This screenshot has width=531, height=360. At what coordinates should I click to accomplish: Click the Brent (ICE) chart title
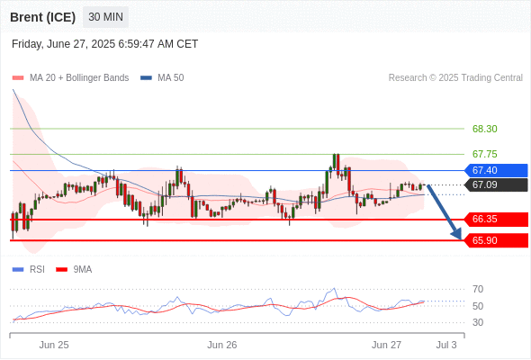pos(42,17)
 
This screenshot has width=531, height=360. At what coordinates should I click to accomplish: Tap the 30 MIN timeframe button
pos(105,16)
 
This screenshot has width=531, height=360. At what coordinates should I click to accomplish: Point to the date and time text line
pos(104,44)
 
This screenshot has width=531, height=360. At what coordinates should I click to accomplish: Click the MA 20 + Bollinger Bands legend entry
pos(70,78)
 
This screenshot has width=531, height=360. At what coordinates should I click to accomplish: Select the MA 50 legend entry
pos(162,78)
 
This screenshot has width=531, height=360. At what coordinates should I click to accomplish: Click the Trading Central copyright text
pos(455,78)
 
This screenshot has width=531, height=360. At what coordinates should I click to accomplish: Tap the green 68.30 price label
pos(484,129)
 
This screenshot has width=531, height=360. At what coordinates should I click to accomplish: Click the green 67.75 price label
pos(484,154)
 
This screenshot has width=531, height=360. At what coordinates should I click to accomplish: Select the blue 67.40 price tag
pos(496,170)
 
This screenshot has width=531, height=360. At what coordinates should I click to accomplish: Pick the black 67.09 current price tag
pos(496,184)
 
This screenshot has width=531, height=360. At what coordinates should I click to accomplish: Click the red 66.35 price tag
pos(496,219)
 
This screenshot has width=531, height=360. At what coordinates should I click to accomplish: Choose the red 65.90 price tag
pos(496,240)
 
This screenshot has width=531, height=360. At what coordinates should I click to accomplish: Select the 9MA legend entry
pos(74,270)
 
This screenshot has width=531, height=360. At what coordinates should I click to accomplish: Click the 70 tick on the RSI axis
pos(478,289)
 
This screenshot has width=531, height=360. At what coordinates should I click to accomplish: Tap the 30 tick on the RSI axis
pos(478,322)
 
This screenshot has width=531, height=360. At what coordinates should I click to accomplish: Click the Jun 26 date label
pos(222,345)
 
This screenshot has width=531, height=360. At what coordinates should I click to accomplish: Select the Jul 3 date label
pos(446,345)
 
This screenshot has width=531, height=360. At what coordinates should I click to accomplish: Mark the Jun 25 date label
pos(54,345)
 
